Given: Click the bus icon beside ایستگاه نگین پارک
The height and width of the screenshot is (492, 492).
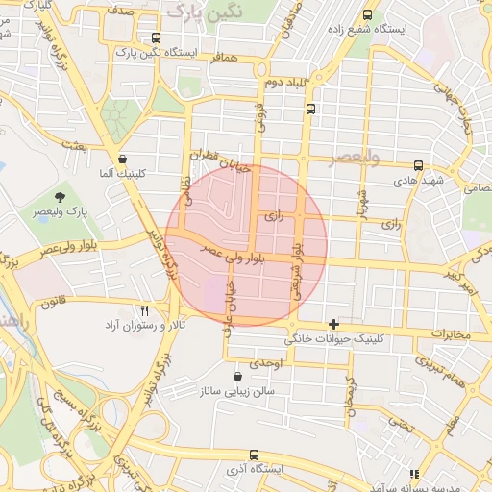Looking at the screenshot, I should (x=157, y=38).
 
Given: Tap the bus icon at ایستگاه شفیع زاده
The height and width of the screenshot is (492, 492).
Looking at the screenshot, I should (x=368, y=14).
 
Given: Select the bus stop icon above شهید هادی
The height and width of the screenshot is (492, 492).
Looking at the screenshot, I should (x=417, y=165).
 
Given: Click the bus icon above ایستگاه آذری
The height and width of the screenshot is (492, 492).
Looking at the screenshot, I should (x=253, y=455).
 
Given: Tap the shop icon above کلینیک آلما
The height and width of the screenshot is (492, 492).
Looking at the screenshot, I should (x=122, y=160).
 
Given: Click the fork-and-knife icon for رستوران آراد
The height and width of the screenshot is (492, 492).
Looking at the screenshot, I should (x=145, y=311).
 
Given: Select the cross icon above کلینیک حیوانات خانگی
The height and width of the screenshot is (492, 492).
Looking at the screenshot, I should (x=333, y=324).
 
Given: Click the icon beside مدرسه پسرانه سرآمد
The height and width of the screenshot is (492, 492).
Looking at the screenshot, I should (x=414, y=474).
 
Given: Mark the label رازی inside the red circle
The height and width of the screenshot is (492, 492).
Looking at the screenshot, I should (x=276, y=218).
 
